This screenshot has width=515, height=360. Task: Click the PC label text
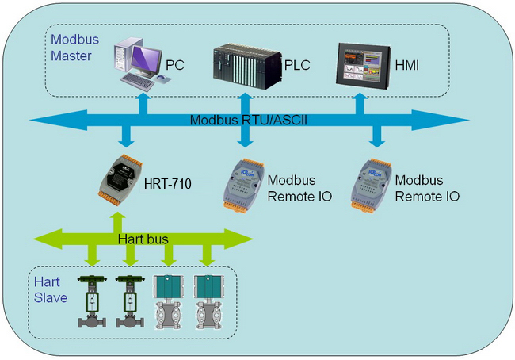tap(175, 65)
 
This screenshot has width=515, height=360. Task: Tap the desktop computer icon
tap(142, 63)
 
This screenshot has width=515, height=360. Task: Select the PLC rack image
tap(247, 67)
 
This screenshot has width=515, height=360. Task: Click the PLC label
tap(297, 65)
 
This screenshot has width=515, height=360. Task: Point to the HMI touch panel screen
tap(363, 66)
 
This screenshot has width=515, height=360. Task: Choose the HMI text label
tap(407, 66)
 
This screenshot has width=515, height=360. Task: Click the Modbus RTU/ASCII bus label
tap(249, 120)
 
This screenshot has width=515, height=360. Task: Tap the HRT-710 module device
tap(120, 179)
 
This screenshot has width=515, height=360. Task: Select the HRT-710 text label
tap(167, 184)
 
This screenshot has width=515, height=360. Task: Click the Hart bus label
tap(143, 239)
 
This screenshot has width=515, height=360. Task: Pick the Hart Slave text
tap(51, 289)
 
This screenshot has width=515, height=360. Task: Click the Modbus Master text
tap(75, 48)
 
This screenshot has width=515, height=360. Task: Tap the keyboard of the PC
tap(138, 82)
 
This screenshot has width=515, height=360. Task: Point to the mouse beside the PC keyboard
tap(161, 77)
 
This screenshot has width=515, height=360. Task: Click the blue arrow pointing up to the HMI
tap(360, 103)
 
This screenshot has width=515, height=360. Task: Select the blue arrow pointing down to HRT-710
tap(126, 136)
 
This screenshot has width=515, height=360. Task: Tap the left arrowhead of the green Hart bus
tap(48, 239)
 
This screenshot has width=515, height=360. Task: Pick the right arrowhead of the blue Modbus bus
tap(440, 120)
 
